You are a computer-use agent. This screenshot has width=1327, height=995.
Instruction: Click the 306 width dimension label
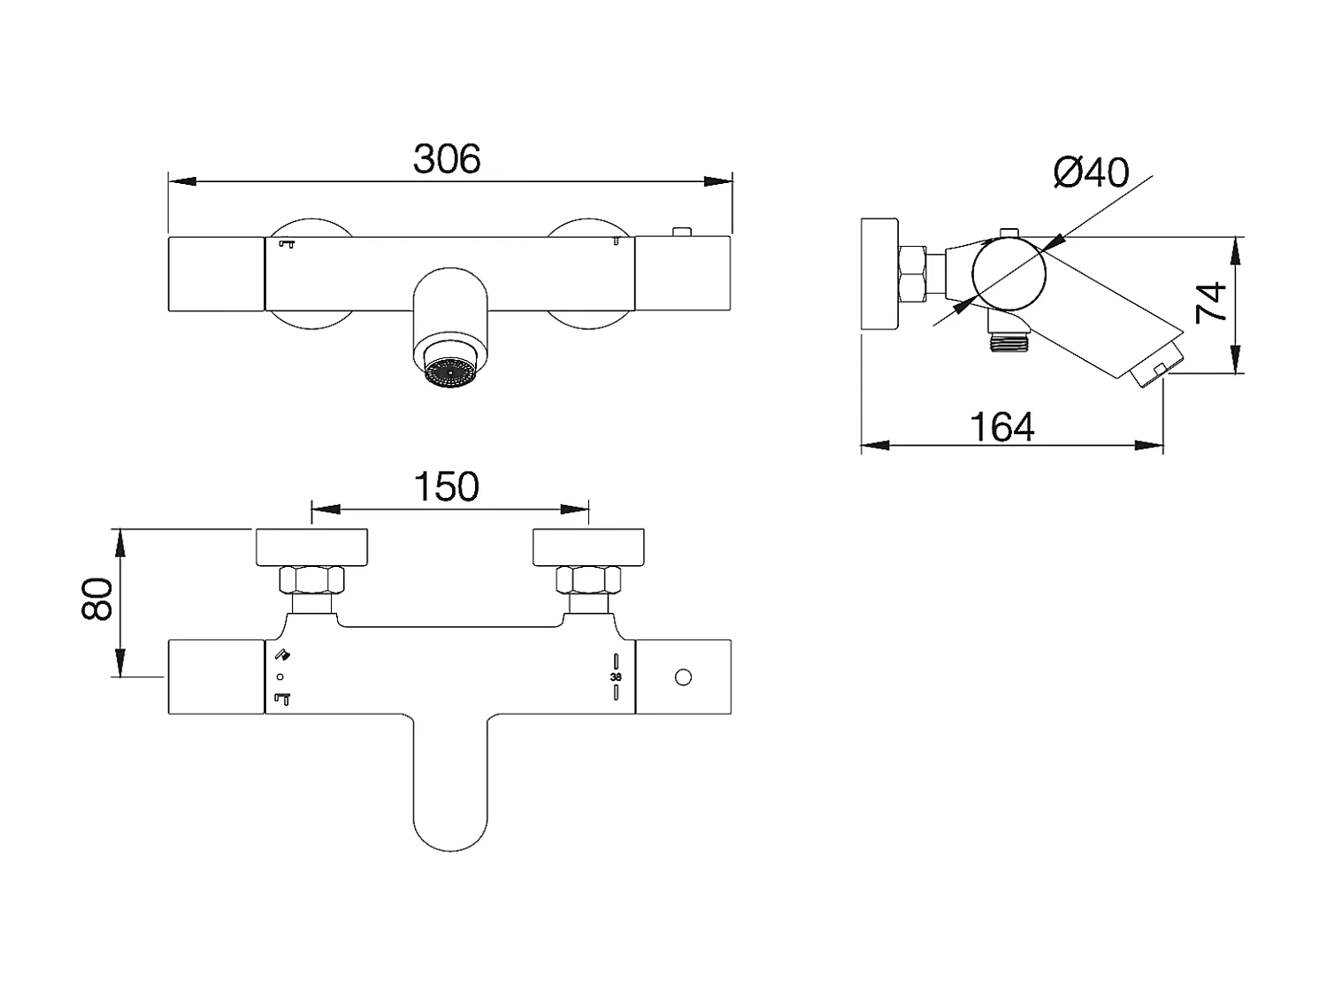(x=447, y=159)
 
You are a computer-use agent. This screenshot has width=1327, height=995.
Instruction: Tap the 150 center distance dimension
(x=447, y=487)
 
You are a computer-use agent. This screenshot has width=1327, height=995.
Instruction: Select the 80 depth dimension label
(x=97, y=599)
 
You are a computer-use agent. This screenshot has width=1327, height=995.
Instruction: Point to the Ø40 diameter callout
(x=1092, y=172)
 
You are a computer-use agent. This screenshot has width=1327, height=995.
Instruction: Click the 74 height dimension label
(x=1212, y=302)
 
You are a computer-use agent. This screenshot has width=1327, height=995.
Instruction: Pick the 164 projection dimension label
(x=1002, y=428)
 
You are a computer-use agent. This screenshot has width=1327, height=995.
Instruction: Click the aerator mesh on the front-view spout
(x=450, y=372)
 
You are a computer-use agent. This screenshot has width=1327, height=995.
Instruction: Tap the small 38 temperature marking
(x=616, y=677)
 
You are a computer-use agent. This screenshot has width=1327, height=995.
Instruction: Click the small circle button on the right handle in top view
(x=682, y=677)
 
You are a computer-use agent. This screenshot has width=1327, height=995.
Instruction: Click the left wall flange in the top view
(x=311, y=547)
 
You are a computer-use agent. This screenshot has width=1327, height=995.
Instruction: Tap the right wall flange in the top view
(x=588, y=547)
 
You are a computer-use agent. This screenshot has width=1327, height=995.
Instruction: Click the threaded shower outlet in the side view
(x=1009, y=341)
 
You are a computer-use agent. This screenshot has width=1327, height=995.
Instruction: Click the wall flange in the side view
(x=878, y=274)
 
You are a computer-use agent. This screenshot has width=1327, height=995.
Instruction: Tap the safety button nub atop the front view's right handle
(x=681, y=232)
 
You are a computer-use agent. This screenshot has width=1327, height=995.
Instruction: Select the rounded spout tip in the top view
(x=450, y=831)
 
